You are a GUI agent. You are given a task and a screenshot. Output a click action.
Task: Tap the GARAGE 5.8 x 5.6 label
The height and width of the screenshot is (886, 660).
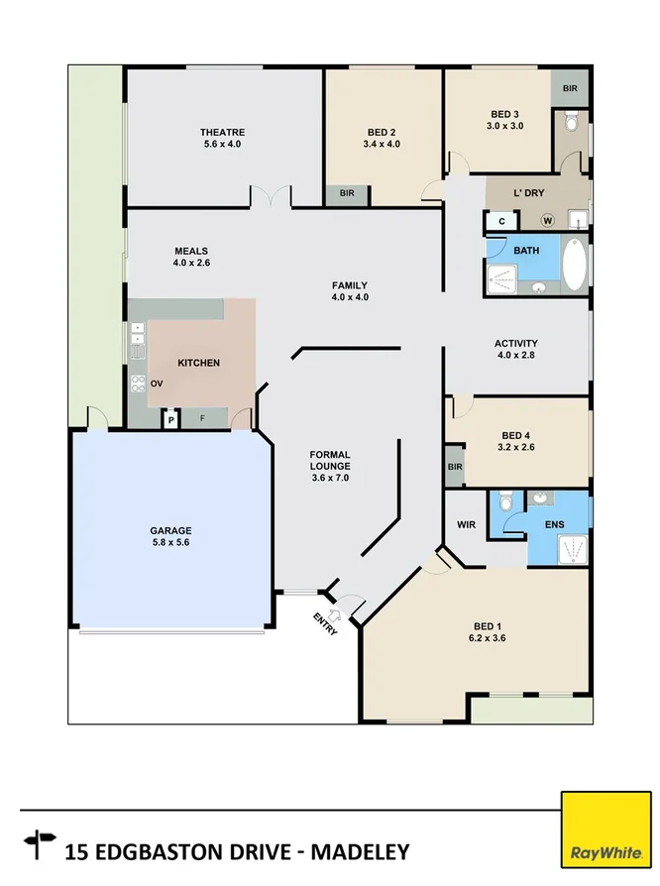tap(171, 536)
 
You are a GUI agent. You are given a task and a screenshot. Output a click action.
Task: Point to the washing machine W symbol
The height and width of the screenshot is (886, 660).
tap(546, 220)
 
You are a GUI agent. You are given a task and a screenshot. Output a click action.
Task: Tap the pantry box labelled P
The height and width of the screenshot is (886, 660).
tap(170, 420)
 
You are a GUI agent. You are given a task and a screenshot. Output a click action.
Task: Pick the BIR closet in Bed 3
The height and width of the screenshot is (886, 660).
tap(570, 88)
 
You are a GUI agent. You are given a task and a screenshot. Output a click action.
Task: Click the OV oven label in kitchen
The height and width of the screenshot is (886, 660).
tap(156, 384)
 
